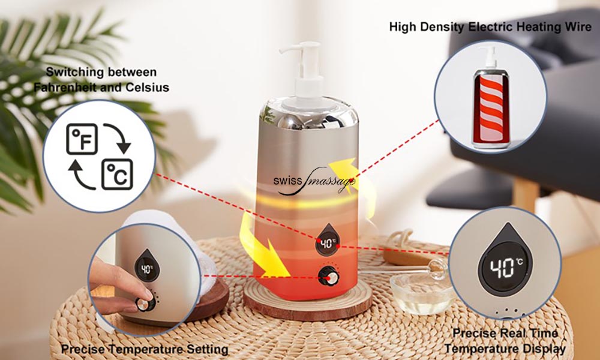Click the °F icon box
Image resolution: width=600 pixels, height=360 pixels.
point(82,139)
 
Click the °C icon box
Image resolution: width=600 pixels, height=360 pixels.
point(117,175)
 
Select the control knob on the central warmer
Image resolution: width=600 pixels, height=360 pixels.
point(328,276)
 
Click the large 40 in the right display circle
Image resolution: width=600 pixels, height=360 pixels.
point(502,267)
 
